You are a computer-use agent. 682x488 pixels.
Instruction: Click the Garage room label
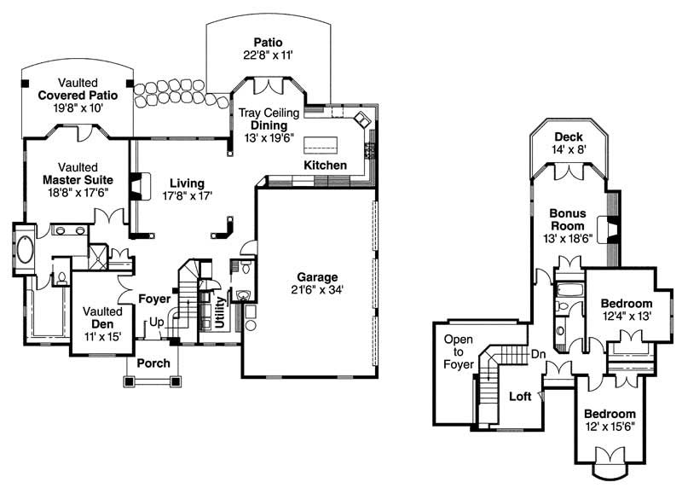[x=317, y=277]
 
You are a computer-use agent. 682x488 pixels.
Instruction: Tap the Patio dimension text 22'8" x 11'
[x=268, y=56]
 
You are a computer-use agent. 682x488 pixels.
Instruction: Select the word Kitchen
[x=326, y=165]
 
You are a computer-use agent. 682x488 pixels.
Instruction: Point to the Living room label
[x=187, y=183]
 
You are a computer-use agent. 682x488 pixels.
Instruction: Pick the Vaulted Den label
[x=102, y=324]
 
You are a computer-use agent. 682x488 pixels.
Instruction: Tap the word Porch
[x=153, y=363]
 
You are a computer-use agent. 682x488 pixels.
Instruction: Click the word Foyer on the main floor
[x=155, y=299]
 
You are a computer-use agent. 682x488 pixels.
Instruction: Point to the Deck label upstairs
[x=568, y=137]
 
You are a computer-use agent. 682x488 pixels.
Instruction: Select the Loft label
[x=521, y=397]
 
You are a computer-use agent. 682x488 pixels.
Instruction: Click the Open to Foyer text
[x=457, y=352]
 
